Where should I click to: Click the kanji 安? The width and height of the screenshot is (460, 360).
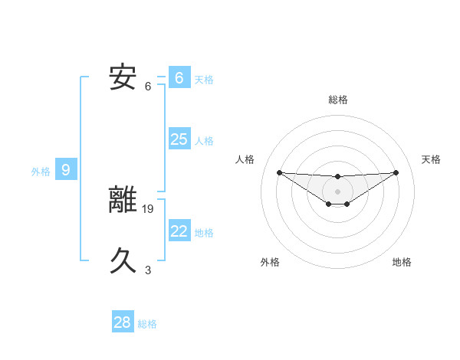pos(123,77)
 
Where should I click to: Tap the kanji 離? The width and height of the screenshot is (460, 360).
pos(123,198)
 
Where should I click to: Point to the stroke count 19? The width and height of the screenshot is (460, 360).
pos(149,208)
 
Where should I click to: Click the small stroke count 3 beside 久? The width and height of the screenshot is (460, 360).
pos(148,270)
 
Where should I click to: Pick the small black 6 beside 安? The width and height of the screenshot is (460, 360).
pos(148,86)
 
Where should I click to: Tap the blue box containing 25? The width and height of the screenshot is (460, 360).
pos(179,139)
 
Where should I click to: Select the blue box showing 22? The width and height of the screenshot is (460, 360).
pos(179,231)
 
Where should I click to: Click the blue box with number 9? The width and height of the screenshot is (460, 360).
pos(66,170)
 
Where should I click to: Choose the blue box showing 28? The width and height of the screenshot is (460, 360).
pos(123,322)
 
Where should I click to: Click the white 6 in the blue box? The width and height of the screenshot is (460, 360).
pos(179,78)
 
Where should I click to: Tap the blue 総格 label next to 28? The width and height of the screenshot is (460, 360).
pos(147,324)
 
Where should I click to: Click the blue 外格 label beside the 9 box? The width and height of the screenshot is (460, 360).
pos(41,172)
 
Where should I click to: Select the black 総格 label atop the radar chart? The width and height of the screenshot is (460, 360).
pos(338,100)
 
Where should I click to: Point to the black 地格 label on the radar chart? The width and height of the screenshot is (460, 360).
pos(402,263)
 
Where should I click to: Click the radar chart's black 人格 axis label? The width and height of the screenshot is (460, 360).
pos(245,159)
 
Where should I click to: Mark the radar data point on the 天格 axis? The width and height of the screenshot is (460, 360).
pos(396,172)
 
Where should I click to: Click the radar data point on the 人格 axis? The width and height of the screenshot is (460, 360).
pos(279,172)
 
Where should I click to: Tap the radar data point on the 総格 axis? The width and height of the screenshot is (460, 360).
pos(338,177)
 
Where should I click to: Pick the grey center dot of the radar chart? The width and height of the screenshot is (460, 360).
pos(338,191)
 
